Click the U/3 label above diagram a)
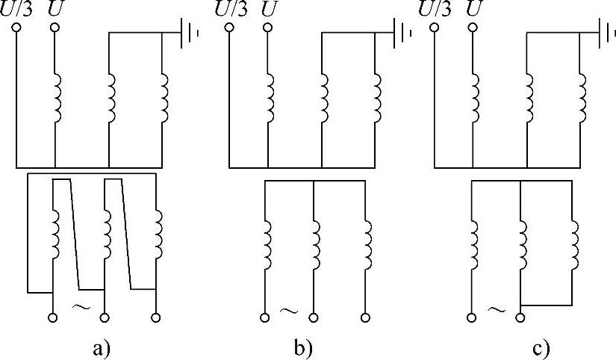pos(18,10)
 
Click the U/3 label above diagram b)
pos(230,10)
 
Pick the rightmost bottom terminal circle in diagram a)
pos(155,317)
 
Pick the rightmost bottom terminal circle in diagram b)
pos(366,317)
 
